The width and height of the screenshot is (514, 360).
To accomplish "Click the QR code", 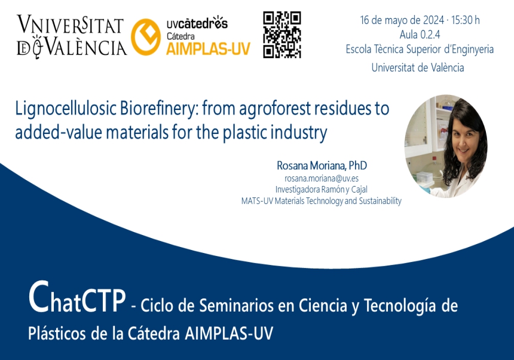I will point(282,34).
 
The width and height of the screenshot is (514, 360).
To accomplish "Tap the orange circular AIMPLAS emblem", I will point(145,37).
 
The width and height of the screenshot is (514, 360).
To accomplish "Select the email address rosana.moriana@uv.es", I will point(322,178).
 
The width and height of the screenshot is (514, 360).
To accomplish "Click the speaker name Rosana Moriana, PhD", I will point(322,165).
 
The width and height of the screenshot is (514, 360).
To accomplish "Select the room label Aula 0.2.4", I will point(420,35).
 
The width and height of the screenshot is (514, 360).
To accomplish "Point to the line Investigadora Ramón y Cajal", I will point(322,190).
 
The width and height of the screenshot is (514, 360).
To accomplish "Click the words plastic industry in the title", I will point(274,132).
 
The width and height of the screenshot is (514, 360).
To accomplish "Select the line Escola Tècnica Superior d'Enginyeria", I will point(420,50).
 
